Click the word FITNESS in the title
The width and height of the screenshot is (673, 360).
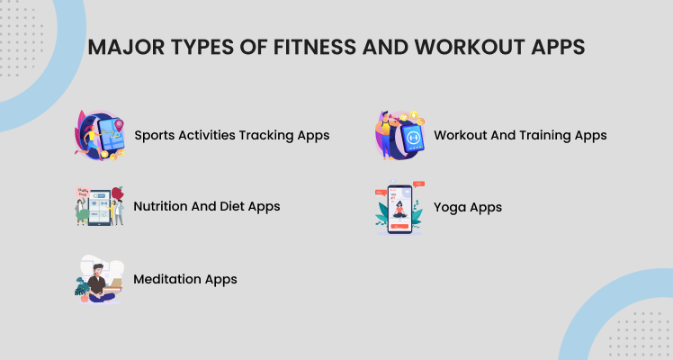[315, 47]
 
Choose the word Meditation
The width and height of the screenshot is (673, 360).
[167, 279]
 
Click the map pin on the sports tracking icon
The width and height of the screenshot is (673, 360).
[119, 126]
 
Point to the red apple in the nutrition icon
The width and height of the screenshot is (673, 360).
[118, 193]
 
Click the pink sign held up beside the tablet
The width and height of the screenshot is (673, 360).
[83, 193]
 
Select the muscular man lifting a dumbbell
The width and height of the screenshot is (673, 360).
[384, 135]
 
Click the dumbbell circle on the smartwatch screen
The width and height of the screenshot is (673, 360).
[413, 138]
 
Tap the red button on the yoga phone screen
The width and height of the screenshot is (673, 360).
[399, 226]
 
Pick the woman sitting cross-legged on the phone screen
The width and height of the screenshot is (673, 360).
[399, 211]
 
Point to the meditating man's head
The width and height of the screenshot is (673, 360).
[98, 271]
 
